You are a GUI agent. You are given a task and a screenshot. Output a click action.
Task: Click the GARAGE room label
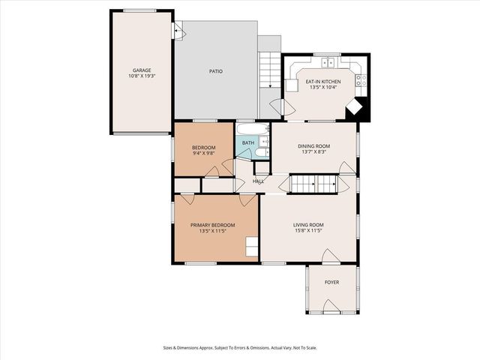click(x=142, y=70)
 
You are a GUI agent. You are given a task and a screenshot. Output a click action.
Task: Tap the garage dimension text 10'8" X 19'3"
click(x=142, y=76)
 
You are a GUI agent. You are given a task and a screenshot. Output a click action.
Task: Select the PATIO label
click(x=215, y=71)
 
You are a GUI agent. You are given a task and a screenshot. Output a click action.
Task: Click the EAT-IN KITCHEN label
click(x=322, y=81)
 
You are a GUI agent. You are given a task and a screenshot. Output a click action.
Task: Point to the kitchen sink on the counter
click(x=325, y=61)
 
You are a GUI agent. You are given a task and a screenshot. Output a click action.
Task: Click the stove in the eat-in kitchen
click(x=359, y=76)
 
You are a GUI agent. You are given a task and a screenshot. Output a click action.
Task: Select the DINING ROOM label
click(x=315, y=146)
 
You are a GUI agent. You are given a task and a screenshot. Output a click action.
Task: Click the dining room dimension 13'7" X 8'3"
click(x=315, y=152)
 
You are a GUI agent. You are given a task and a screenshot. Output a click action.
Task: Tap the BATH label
click(x=247, y=142)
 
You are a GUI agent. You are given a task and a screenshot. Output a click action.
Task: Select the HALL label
click(x=258, y=181)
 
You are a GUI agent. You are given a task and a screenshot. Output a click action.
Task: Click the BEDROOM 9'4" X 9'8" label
click(x=204, y=150)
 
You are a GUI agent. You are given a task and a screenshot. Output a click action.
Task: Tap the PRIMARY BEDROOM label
click(x=212, y=225)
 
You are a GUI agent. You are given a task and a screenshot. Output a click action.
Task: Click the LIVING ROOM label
click(x=307, y=225)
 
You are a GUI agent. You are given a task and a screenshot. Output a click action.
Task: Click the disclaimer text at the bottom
click(x=239, y=347)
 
